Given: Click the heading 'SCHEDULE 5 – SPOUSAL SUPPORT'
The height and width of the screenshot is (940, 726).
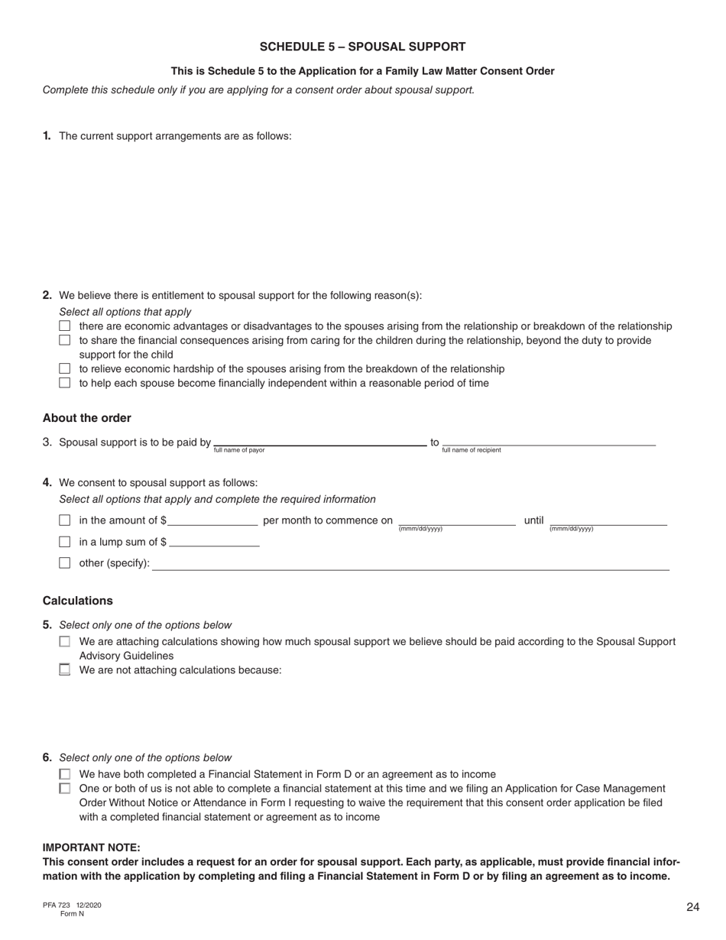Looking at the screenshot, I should [x=362, y=47].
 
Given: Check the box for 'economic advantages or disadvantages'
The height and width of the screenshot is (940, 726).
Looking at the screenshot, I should [x=65, y=326].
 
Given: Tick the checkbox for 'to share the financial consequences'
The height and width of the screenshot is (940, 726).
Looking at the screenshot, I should [x=65, y=340].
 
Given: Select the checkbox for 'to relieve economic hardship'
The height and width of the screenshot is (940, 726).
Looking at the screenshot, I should [x=65, y=368].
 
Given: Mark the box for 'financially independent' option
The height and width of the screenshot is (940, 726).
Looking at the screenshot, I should [x=65, y=383].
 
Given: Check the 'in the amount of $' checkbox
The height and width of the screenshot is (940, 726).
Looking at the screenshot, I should [x=65, y=520].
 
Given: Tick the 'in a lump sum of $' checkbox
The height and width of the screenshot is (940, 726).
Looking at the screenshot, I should [x=65, y=542].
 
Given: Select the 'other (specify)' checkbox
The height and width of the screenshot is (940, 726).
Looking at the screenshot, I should [x=65, y=563].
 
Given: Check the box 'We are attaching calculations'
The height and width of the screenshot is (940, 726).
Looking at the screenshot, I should [x=65, y=642].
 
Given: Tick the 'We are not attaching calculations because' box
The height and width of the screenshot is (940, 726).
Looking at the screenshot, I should [x=65, y=670].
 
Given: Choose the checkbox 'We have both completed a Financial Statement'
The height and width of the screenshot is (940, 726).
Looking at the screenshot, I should [x=65, y=774].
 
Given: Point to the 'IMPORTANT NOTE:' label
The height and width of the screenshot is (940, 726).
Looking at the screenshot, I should [x=92, y=848].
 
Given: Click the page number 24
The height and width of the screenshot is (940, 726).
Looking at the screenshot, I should [x=692, y=907].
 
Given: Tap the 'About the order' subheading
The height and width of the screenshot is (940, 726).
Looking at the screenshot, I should [x=87, y=418].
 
